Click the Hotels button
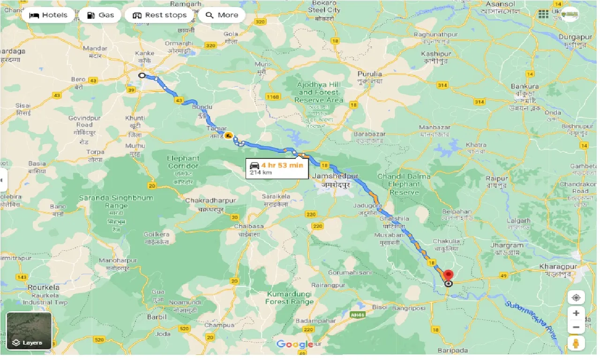[x=48, y=15]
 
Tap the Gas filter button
[x=100, y=15]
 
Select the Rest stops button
[x=159, y=15]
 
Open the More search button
[x=222, y=15]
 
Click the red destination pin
[x=449, y=276]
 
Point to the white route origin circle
[x=142, y=75]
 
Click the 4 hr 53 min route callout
[x=277, y=168]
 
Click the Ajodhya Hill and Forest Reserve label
[x=319, y=92]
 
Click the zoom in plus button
[x=576, y=313]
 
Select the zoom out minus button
[x=576, y=327]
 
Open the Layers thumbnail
[x=29, y=331]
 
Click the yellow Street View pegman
[x=576, y=344]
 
